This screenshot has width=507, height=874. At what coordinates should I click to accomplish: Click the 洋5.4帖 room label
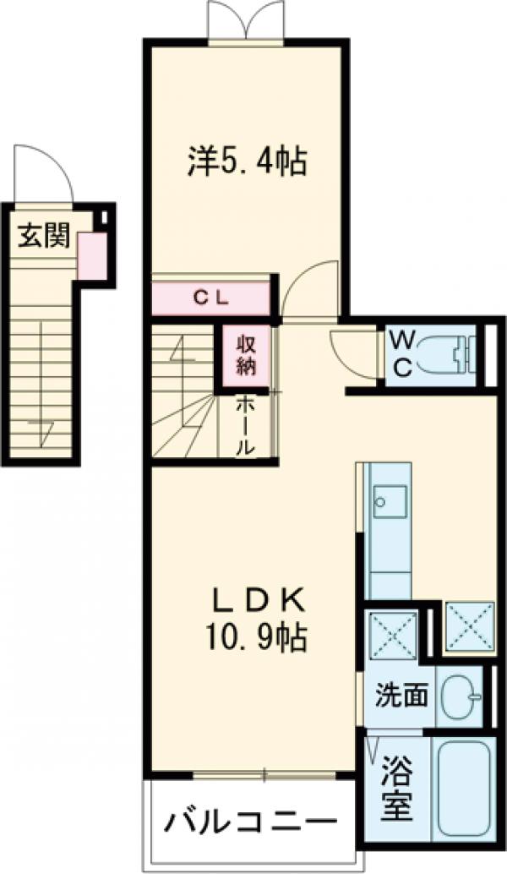pos(246,161)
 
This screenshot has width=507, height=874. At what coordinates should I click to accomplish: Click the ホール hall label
pos(244,426)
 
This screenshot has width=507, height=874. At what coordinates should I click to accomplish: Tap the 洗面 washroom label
pos(402,696)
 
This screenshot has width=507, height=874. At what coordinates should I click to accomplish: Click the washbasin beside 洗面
pos(461,696)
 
